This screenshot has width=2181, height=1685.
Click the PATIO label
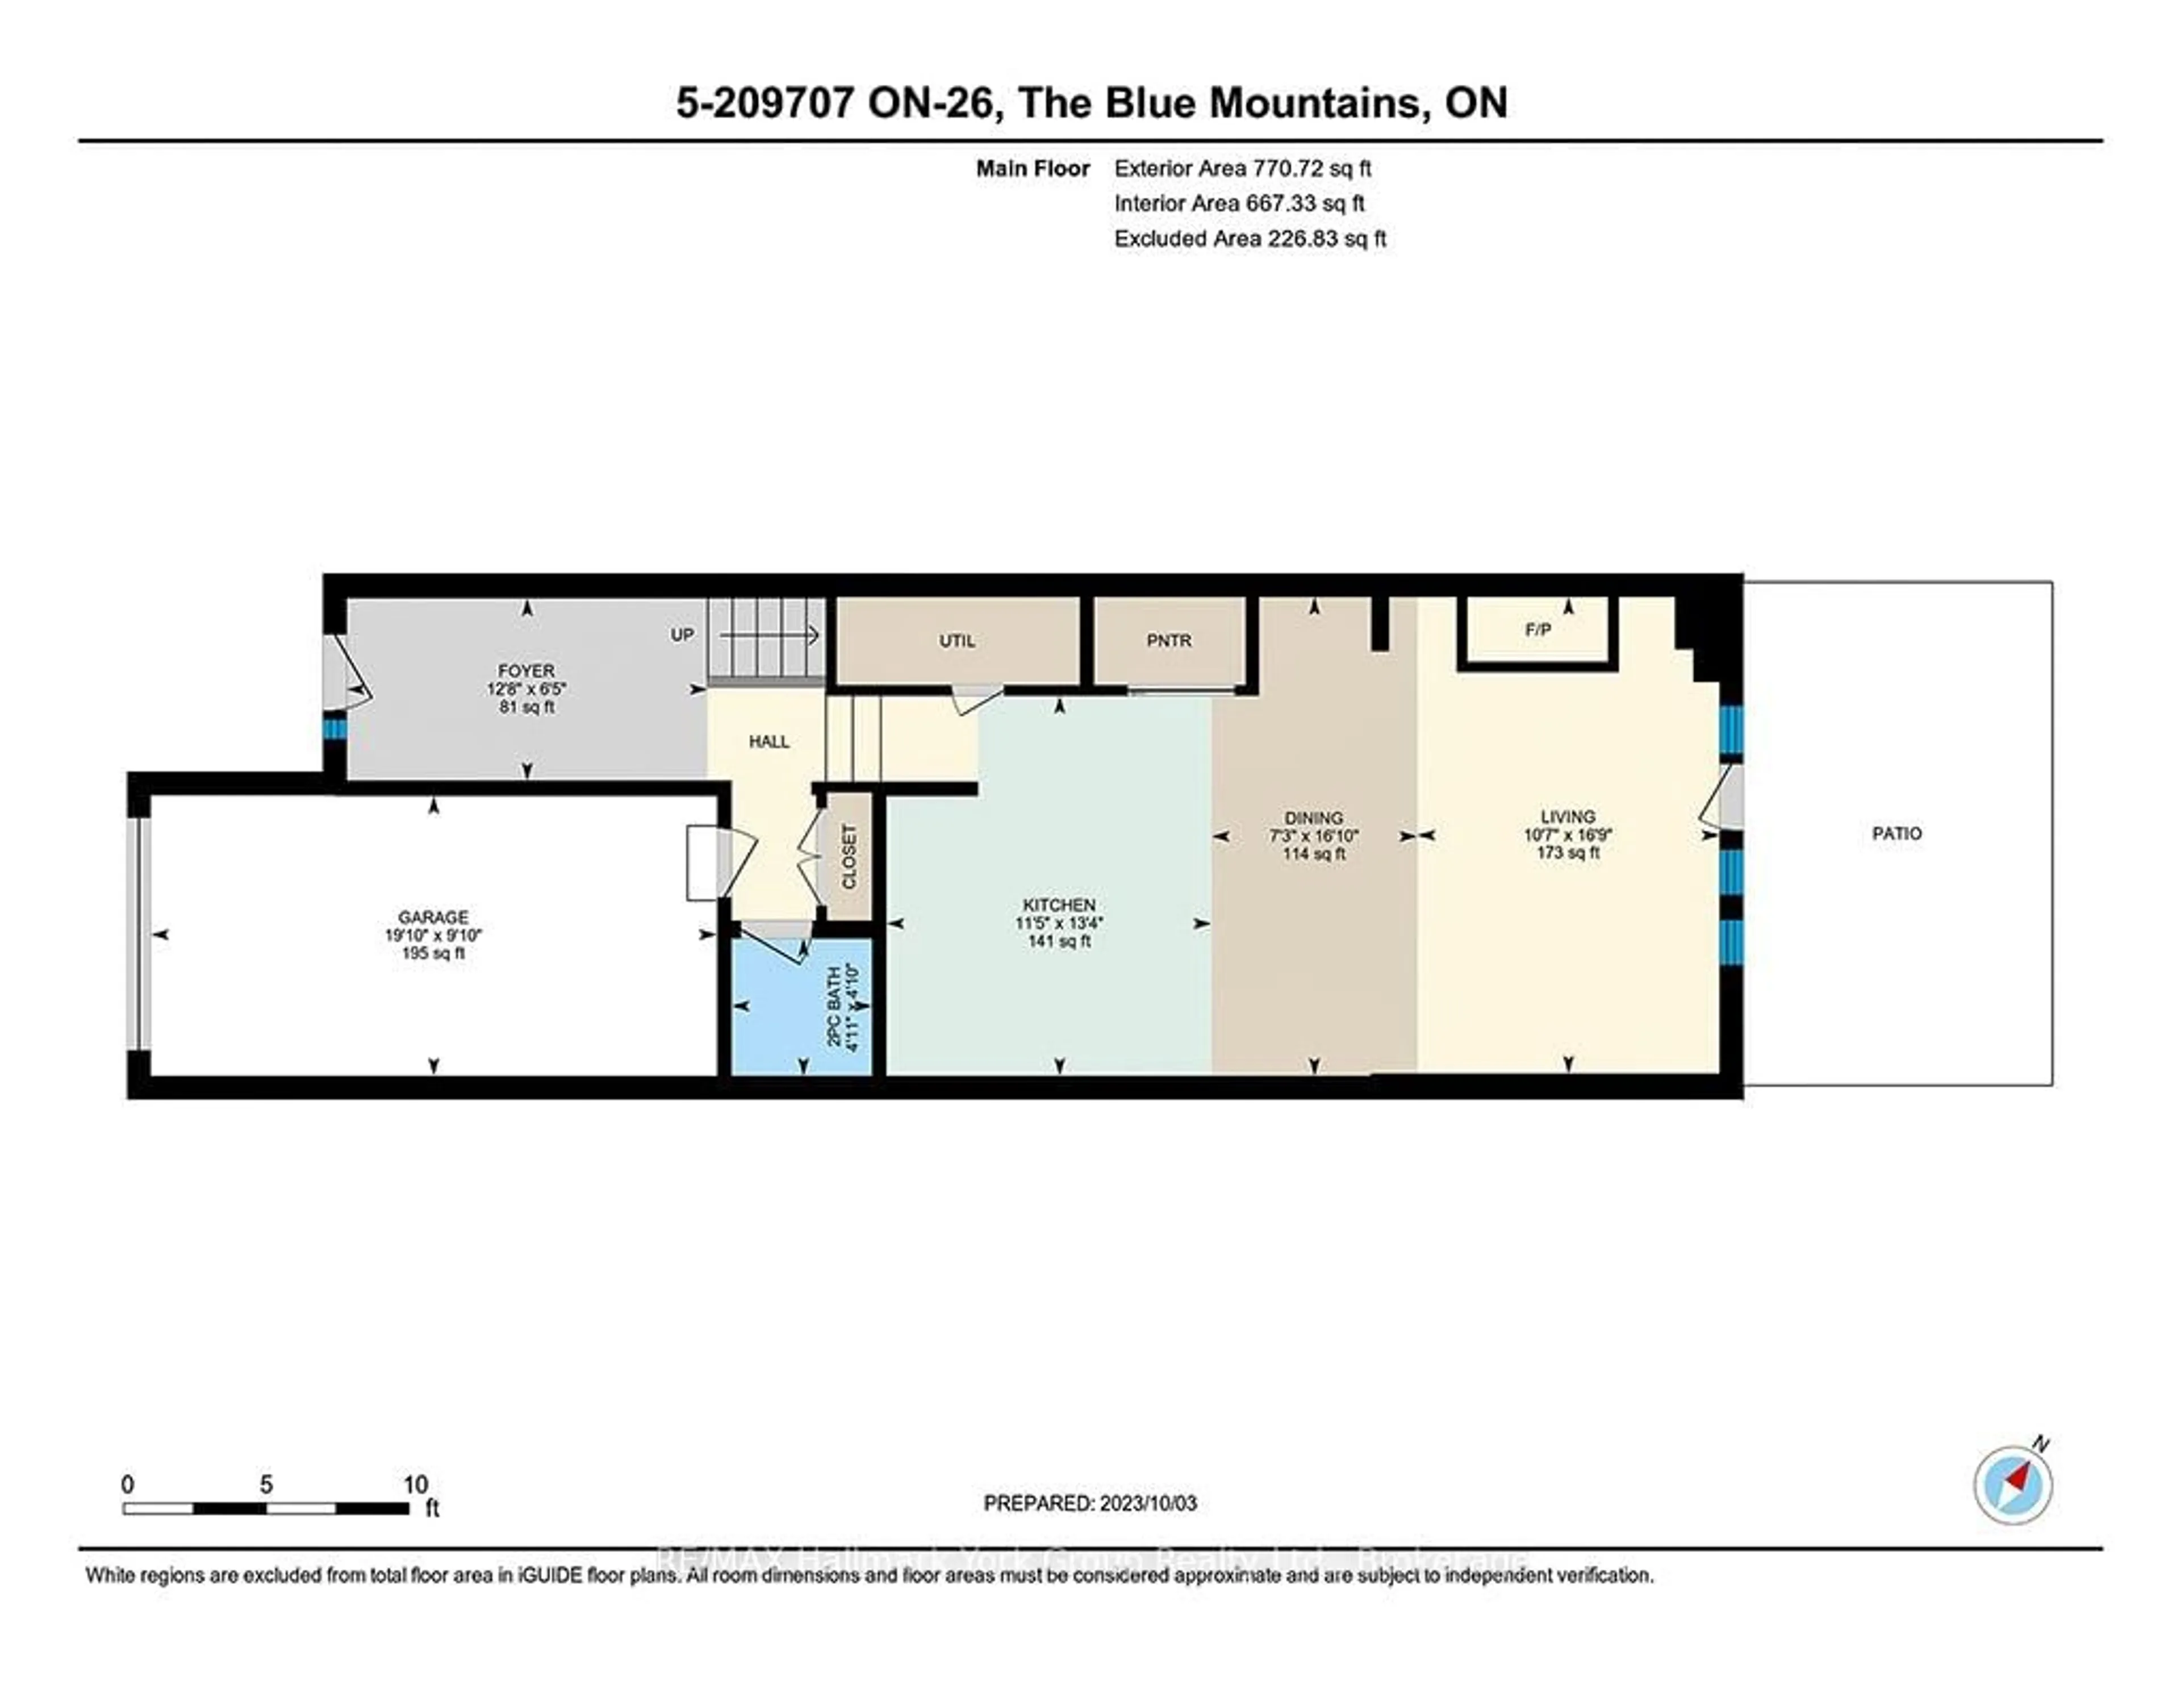tap(1895, 833)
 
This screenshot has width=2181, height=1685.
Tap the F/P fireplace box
tap(1537, 630)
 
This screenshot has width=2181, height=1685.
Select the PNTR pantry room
tap(1168, 640)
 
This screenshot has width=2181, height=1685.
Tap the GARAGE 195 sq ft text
tap(432, 953)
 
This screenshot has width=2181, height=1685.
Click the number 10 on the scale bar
tap(415, 1484)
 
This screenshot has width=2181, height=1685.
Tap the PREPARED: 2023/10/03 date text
tap(1089, 1502)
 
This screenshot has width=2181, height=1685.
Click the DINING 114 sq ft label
tap(1313, 853)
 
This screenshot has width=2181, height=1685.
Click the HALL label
tap(769, 741)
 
